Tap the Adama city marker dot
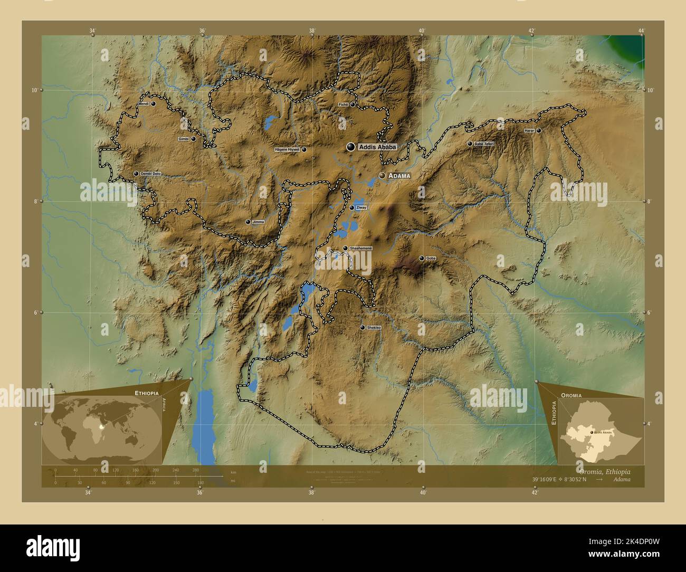382,176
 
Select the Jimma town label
258,222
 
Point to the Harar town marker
539,130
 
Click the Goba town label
431,259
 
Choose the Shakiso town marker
362,328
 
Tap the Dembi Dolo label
150,174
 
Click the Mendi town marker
153,104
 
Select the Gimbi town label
184,139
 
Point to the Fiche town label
343,104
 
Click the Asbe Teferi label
484,144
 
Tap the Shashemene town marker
345,248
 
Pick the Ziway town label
361,208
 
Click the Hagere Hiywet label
287,150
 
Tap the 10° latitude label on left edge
34,90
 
